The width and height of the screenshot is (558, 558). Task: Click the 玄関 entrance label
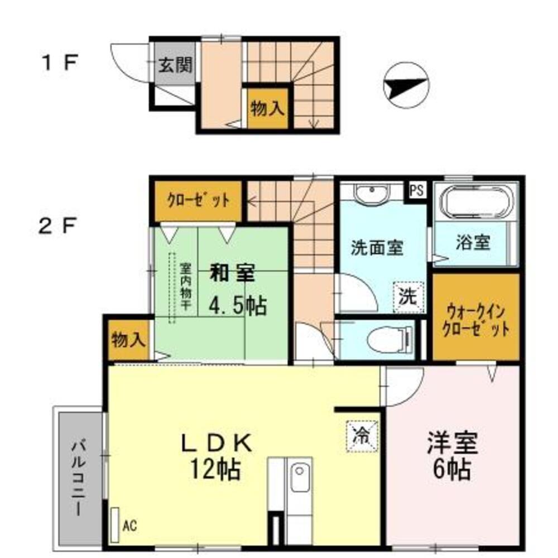(x=174, y=66)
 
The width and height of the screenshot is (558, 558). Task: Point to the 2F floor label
(x=59, y=225)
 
